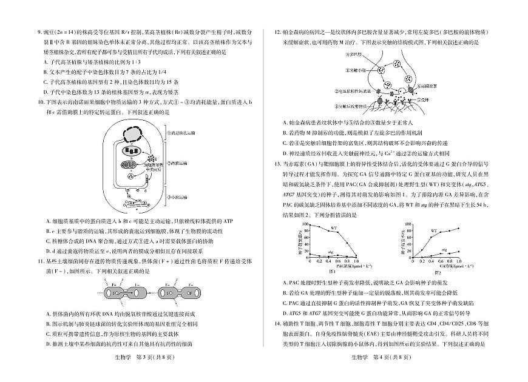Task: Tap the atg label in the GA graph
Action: click(x=444, y=249)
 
